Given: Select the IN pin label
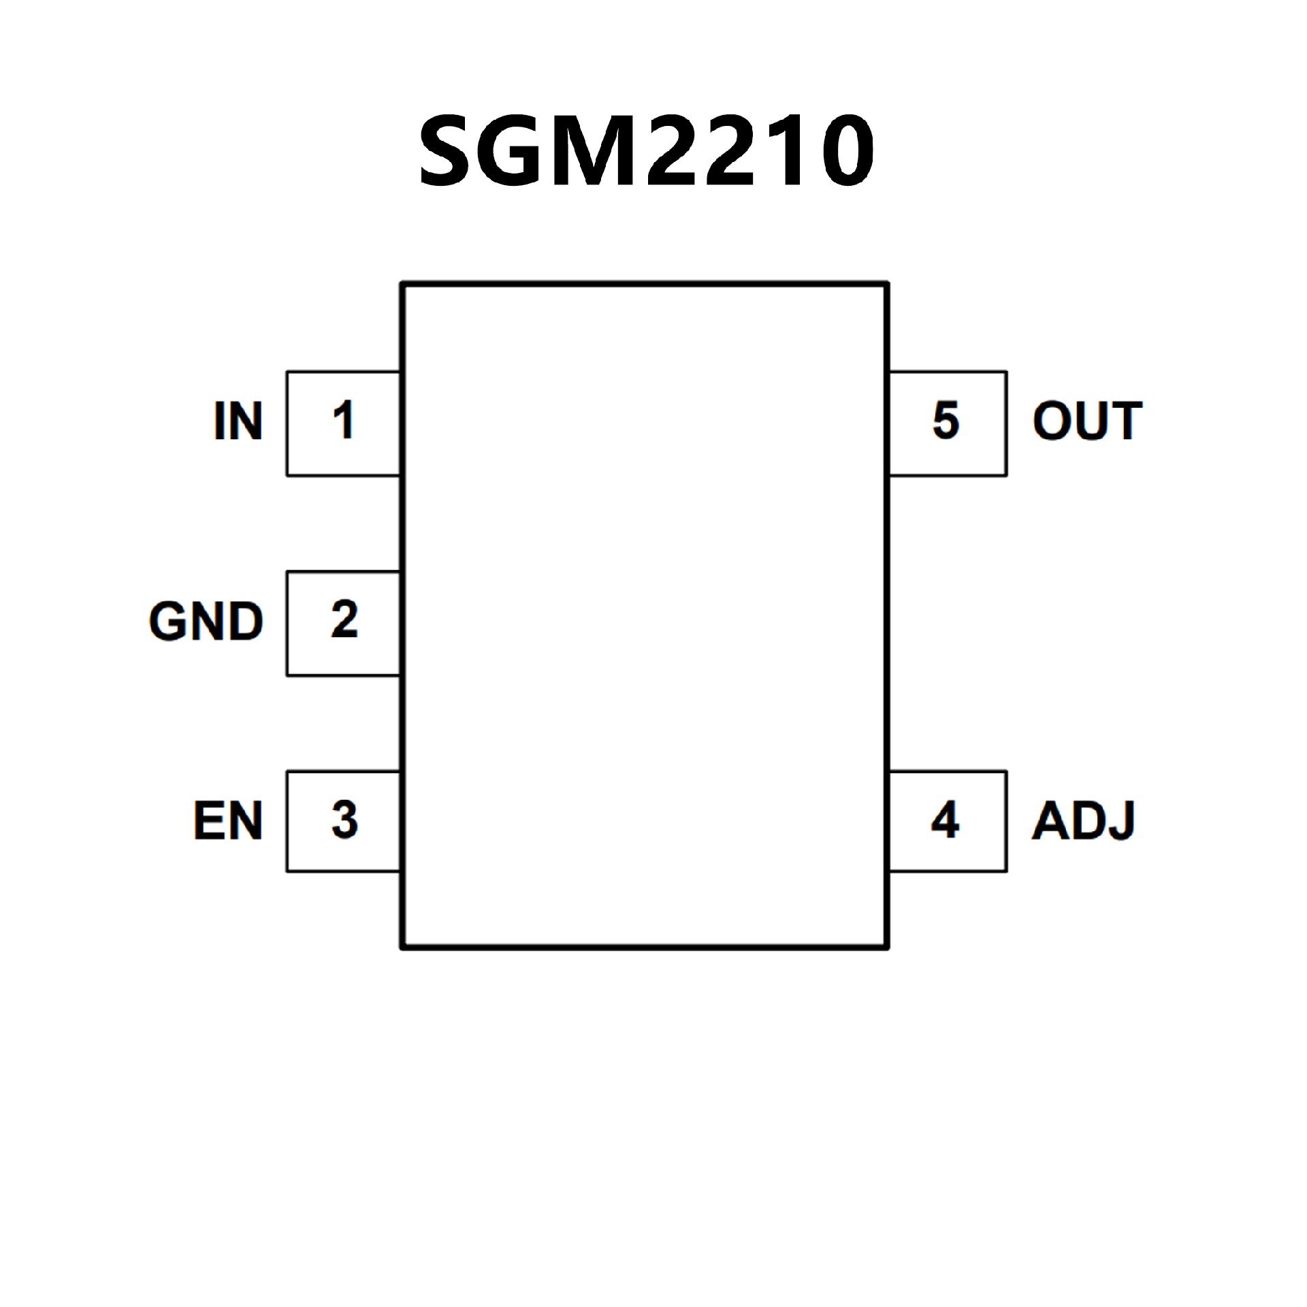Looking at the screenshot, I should click(238, 421).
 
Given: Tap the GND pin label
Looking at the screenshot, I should click(206, 622).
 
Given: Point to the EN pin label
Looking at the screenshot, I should click(228, 821).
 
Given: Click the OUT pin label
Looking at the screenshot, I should click(1087, 421).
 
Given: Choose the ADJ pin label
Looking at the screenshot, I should click(1083, 821).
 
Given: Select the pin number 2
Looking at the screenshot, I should click(344, 620).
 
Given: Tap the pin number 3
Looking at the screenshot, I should click(344, 820).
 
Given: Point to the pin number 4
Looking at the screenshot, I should click(945, 820).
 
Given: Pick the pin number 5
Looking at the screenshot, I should click(946, 420).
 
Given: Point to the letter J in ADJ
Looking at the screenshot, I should click(1120, 821).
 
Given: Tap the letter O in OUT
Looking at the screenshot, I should click(1052, 421).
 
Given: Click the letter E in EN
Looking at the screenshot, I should click(208, 821).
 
